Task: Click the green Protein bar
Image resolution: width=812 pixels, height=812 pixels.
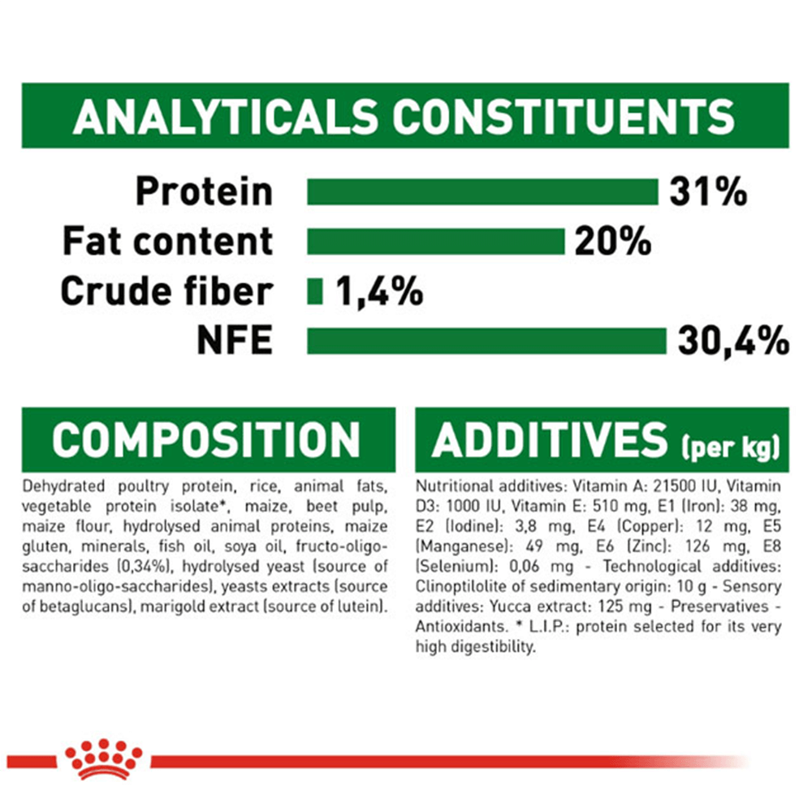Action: coord(482,192)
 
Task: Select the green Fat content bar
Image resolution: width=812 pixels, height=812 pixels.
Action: coord(435,242)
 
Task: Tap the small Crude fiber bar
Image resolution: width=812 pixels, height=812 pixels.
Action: coord(315,292)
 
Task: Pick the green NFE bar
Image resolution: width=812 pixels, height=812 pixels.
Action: coord(486,341)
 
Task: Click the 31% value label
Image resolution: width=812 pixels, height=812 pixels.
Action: coord(708,192)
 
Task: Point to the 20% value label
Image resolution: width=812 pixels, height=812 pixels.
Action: coord(612,241)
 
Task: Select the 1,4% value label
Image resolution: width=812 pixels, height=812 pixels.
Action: coord(379,292)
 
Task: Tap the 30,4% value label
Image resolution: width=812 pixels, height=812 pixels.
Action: coord(733,341)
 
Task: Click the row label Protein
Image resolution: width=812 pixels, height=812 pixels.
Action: coord(204,192)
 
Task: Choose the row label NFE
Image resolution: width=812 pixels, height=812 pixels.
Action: coord(235,340)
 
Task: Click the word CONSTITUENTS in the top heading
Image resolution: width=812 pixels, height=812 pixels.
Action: coord(564,116)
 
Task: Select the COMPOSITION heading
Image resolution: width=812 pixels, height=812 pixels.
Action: coord(206,439)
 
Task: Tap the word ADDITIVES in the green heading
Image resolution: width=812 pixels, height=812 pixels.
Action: coord(550,439)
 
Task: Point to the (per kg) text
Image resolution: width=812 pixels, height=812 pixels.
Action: coord(730,447)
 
